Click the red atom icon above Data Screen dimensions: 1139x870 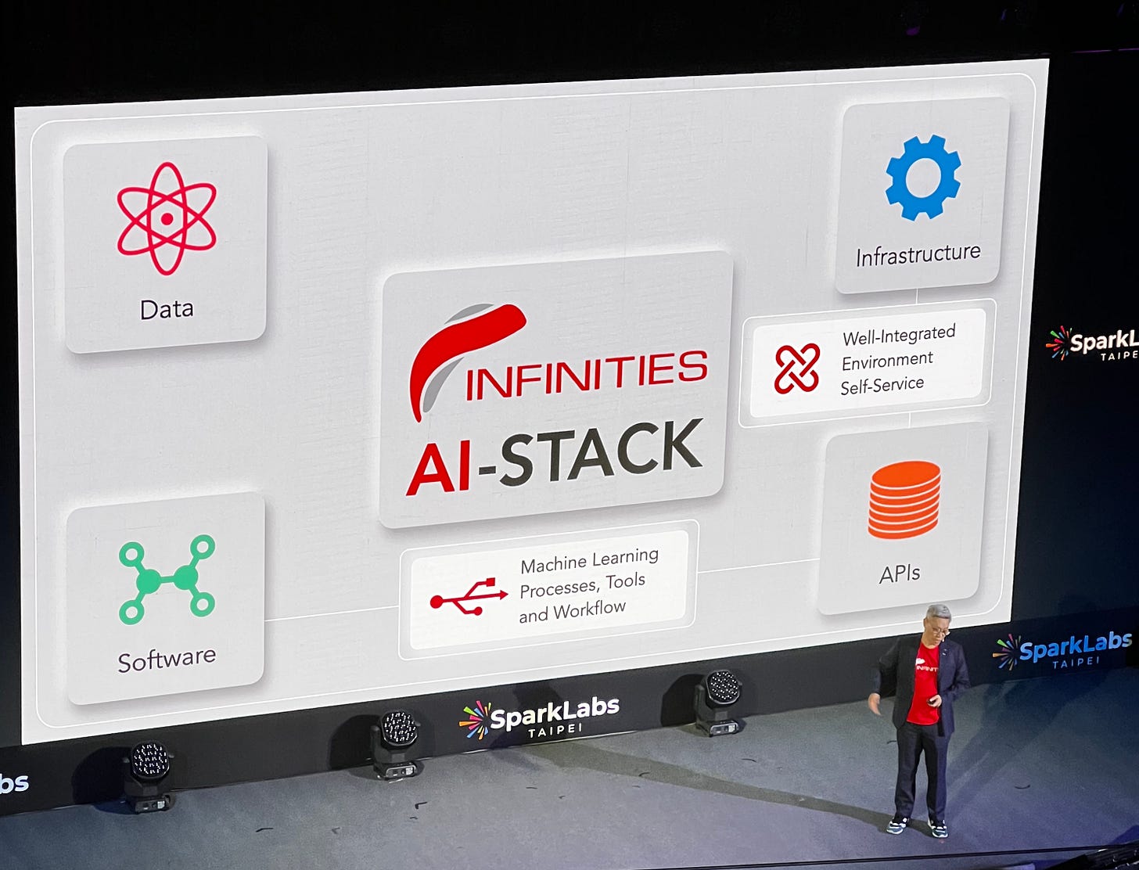pos(166,218)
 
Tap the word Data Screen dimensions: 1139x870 pos(166,309)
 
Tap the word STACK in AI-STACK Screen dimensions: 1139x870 pos(601,454)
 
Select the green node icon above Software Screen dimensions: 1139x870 pos(167,579)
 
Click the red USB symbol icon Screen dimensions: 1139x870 pos(468,599)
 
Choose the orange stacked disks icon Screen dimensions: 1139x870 pos(904,499)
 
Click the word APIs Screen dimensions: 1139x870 pos(899,574)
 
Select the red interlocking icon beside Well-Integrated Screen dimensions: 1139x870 pos(796,368)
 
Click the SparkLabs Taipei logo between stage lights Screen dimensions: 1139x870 pos(540,717)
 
